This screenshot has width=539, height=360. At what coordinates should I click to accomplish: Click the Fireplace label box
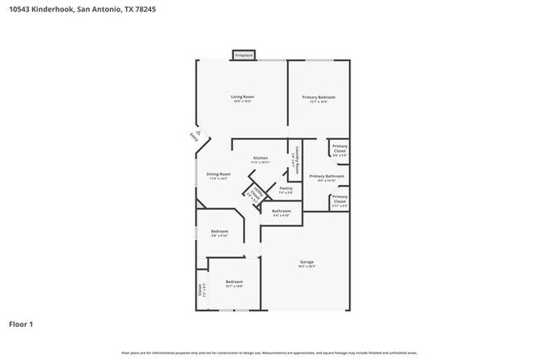point(243,56)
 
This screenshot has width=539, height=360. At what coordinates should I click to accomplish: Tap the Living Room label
point(242,99)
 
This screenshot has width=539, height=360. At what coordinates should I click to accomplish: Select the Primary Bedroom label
point(319,100)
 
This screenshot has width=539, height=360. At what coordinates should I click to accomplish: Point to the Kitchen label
point(260,159)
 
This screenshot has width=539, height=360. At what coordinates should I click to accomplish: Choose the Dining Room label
point(218,176)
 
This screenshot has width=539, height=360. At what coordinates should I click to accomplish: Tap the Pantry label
point(285,190)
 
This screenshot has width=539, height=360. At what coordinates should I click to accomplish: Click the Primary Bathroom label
point(327,178)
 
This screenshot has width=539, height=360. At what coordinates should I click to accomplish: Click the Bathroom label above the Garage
point(281,212)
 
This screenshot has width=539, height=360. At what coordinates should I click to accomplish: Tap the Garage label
point(306,264)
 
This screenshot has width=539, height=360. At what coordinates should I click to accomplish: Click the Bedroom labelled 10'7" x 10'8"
point(234,284)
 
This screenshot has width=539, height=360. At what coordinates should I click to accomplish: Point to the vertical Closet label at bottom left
point(200,290)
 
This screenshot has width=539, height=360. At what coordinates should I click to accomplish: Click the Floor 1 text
point(22,324)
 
